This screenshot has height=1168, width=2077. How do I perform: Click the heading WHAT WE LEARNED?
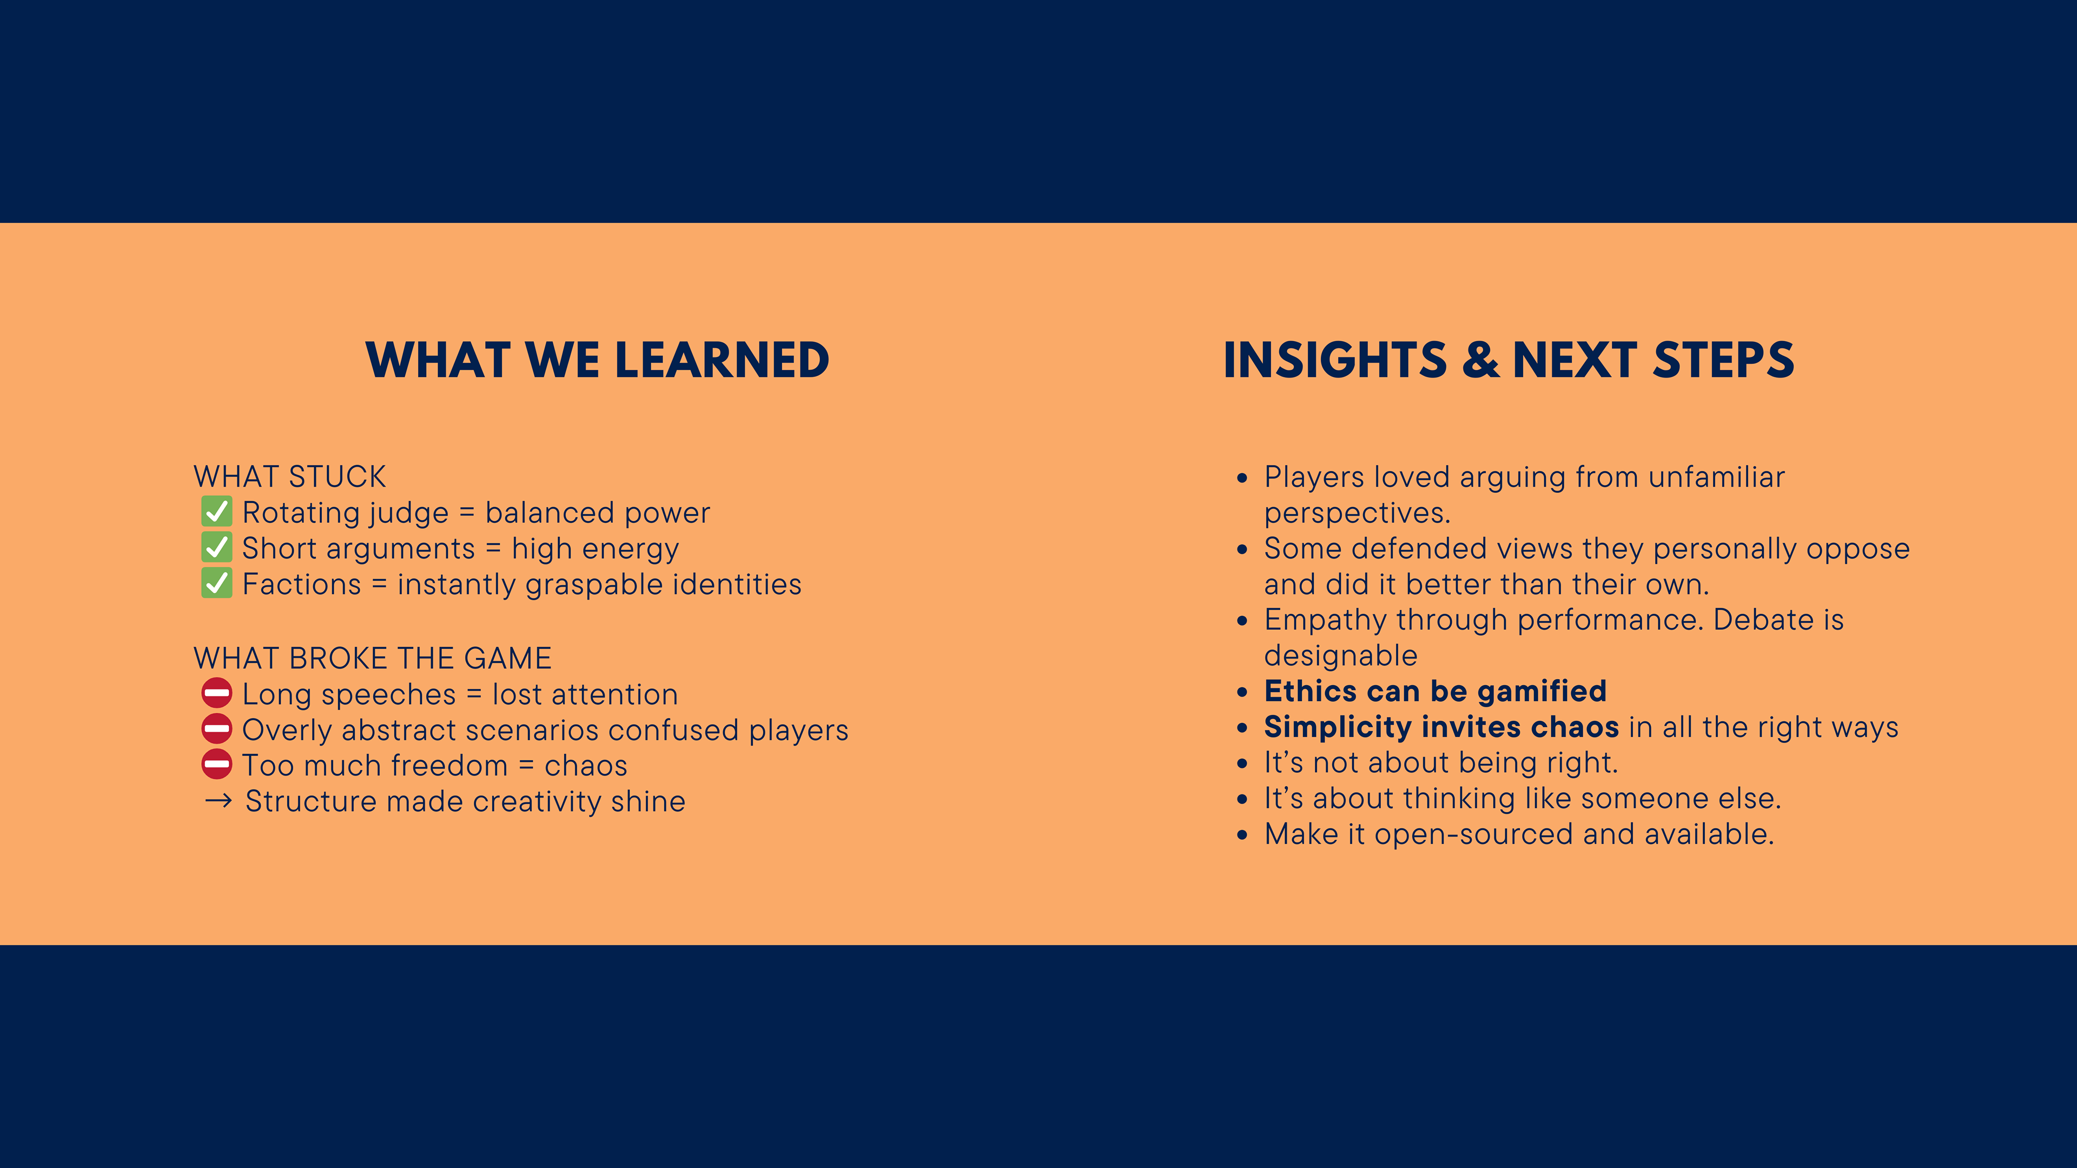[598, 360]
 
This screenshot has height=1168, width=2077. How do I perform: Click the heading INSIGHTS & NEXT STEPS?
[1509, 360]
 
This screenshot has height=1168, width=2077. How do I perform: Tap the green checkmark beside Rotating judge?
[216, 512]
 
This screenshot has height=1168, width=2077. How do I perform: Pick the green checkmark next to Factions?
[216, 583]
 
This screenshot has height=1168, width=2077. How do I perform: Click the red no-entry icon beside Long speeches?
[216, 693]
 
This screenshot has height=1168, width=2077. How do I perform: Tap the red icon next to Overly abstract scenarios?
[216, 729]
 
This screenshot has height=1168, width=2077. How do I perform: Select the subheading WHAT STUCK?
[289, 476]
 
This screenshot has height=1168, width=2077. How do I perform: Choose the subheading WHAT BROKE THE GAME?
[373, 659]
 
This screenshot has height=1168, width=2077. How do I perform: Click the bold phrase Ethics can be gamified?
[1435, 691]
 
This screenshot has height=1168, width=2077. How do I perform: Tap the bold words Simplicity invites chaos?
[1441, 727]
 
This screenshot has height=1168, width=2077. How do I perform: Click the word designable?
[1341, 656]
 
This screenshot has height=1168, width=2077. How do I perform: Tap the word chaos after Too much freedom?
[586, 766]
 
